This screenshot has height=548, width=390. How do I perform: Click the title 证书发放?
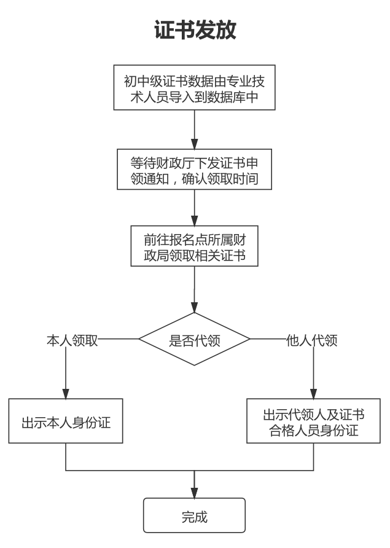[195, 29]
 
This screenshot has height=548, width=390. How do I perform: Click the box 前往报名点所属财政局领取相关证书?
[194, 246]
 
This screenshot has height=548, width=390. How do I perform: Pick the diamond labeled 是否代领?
[194, 339]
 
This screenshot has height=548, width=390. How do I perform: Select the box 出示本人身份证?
[66, 421]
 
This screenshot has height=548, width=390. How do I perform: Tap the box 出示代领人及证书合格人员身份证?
[314, 421]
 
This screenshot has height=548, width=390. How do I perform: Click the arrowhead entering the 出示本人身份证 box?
[66, 393]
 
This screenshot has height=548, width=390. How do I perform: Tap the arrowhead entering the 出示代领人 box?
[314, 393]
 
